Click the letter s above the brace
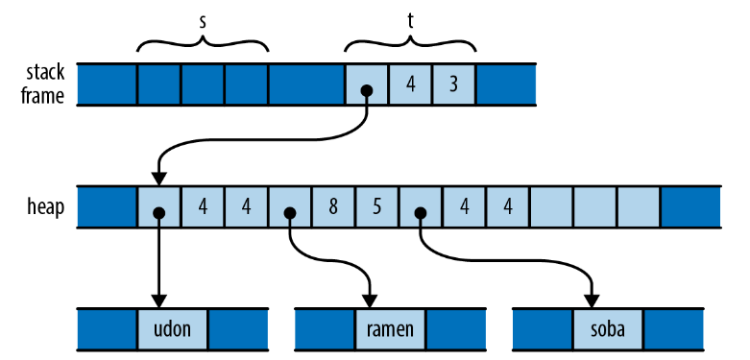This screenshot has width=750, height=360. pyautogui.click(x=203, y=23)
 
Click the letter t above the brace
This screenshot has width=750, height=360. pyautogui.click(x=410, y=22)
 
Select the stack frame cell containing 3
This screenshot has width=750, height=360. pyautogui.click(x=454, y=84)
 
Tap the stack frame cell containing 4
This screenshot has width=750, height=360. pyautogui.click(x=410, y=84)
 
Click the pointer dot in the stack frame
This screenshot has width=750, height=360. pyautogui.click(x=367, y=90)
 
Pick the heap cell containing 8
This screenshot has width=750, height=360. pyautogui.click(x=333, y=207)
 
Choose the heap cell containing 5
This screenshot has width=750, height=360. pyautogui.click(x=376, y=207)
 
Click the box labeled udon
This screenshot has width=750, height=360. pyautogui.click(x=173, y=329)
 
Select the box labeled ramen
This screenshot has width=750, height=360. pyautogui.click(x=390, y=329)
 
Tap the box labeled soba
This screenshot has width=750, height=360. pyautogui.click(x=608, y=329)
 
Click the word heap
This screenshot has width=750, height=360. pyautogui.click(x=45, y=208)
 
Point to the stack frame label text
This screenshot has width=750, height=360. pyautogui.click(x=42, y=84)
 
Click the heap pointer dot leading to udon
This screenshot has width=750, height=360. pyautogui.click(x=159, y=213)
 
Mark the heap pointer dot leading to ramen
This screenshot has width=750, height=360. pyautogui.click(x=289, y=213)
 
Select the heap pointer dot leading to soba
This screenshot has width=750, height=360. pyautogui.click(x=420, y=213)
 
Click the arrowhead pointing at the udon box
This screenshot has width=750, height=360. pyautogui.click(x=159, y=301)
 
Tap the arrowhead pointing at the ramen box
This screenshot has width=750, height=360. pyautogui.click(x=370, y=301)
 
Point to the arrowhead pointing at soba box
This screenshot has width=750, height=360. pyautogui.click(x=593, y=301)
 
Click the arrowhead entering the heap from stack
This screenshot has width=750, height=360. pyautogui.click(x=159, y=179)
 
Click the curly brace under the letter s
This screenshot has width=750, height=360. pyautogui.click(x=203, y=42)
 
